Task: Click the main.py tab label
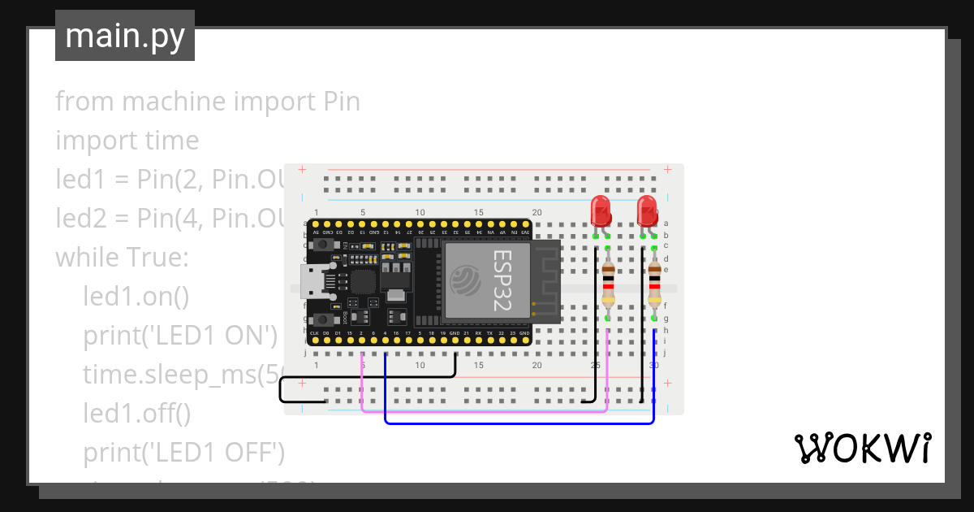point(125,36)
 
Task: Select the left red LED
point(601,211)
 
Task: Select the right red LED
point(647,211)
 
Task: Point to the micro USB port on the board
point(311,281)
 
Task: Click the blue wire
point(519,423)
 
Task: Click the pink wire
point(487,411)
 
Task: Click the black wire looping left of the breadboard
point(281,390)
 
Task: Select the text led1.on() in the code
point(136,296)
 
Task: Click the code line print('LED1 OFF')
point(183,452)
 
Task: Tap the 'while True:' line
point(122,258)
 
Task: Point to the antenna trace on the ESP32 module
point(546,280)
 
